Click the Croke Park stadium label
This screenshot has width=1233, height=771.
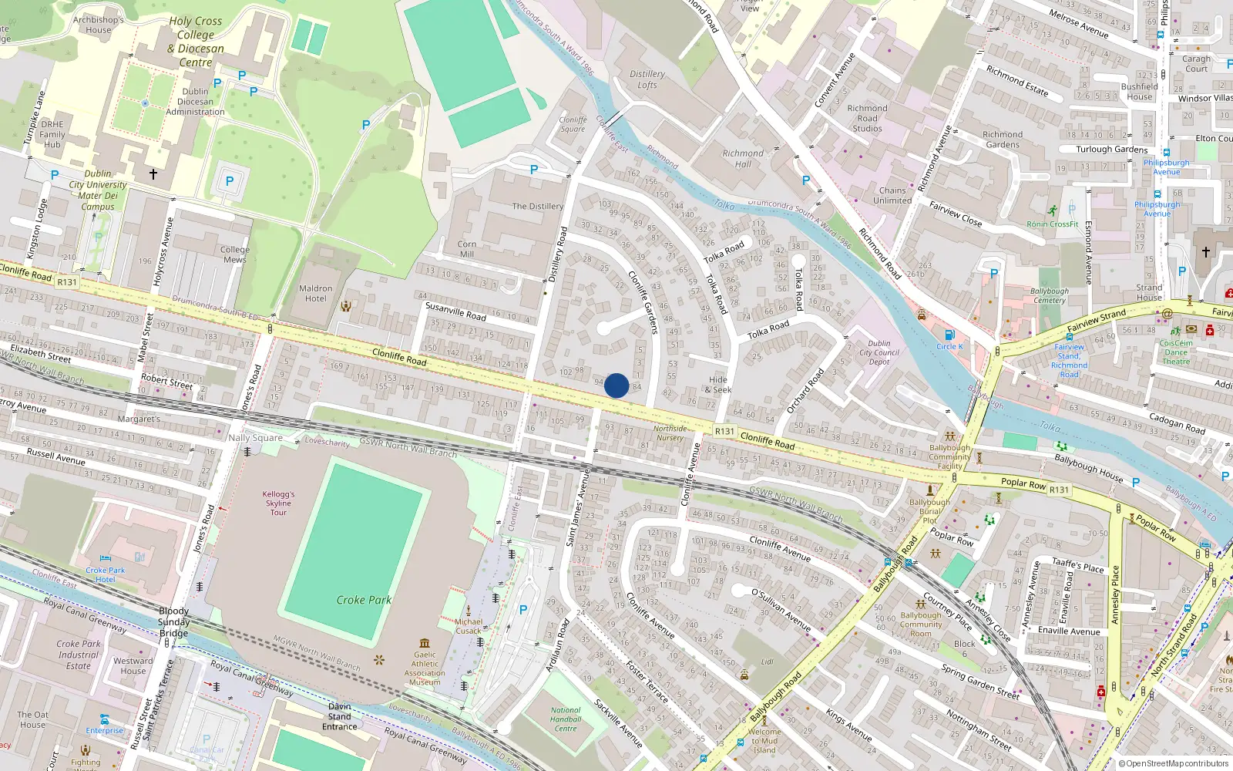(x=364, y=600)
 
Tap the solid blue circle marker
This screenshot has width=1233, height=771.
(x=616, y=385)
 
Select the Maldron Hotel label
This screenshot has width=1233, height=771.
(x=316, y=294)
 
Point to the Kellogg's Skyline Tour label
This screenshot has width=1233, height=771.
(x=278, y=503)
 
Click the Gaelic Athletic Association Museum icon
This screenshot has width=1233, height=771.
(x=425, y=643)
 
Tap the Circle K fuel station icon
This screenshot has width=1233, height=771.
(x=949, y=335)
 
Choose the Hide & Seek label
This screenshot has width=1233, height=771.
(x=718, y=385)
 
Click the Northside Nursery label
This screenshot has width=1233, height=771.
(x=670, y=433)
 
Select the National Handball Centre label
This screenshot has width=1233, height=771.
(x=566, y=719)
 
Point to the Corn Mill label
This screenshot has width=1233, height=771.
(x=467, y=249)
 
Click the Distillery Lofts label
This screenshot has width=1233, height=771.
(x=647, y=79)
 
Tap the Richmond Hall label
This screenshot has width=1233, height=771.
(x=743, y=159)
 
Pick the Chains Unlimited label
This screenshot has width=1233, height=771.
(x=892, y=195)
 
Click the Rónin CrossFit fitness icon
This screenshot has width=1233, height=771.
(x=1053, y=210)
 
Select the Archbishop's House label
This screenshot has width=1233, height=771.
(x=99, y=25)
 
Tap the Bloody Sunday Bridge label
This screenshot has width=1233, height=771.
(x=174, y=622)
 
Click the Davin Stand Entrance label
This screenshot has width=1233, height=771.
(x=340, y=716)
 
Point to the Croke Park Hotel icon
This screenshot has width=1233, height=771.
(x=106, y=558)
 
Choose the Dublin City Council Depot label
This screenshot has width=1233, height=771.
(x=879, y=352)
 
